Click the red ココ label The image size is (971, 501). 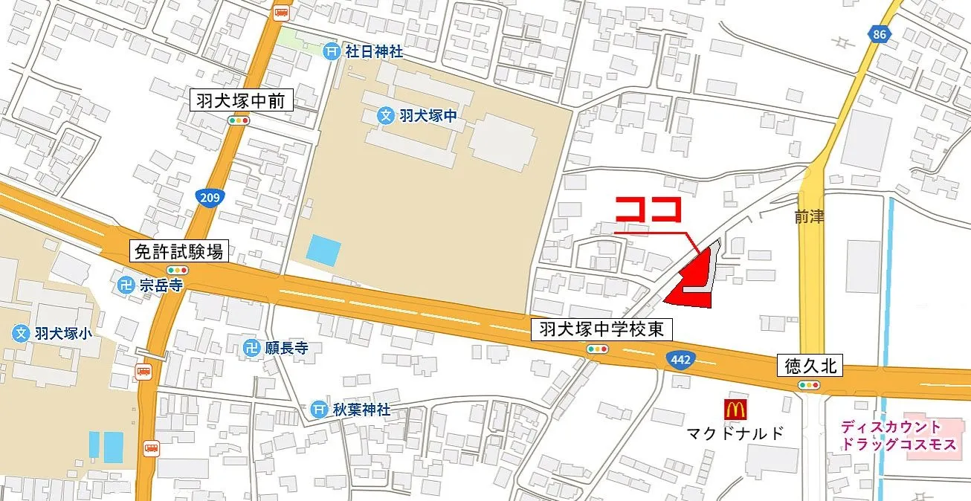click(648, 210)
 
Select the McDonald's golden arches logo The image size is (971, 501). click(734, 408)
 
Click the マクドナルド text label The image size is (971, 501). click(734, 433)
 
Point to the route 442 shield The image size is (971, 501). click(675, 357)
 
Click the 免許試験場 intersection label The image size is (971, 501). click(178, 251)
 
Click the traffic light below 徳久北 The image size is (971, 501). click(809, 385)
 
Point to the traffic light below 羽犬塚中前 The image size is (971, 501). click(239, 120)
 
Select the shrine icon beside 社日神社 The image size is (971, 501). click(332, 51)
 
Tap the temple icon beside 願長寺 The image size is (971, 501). click(253, 347)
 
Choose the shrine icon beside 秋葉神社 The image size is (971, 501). click(319, 410)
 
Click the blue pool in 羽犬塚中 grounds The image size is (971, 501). click(323, 250)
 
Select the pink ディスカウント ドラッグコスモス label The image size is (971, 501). click(891, 436)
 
